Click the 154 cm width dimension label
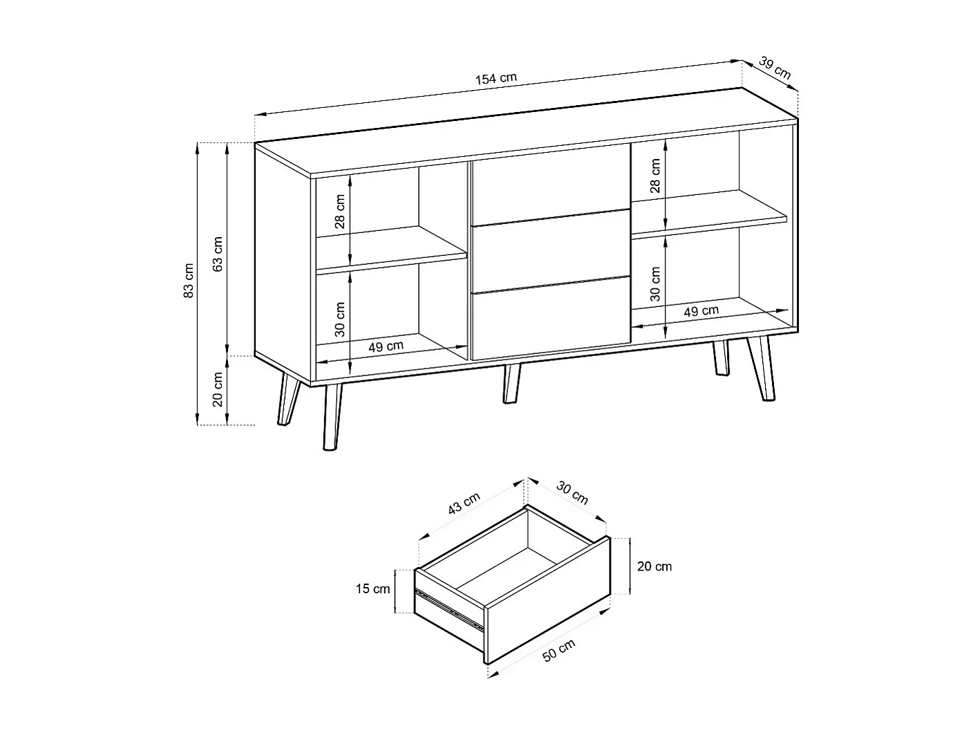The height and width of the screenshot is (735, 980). [x=496, y=78]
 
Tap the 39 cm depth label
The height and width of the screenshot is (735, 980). [x=774, y=67]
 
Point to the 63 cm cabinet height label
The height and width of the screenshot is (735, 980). [x=218, y=254]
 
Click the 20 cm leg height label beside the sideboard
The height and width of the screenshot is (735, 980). [x=218, y=389]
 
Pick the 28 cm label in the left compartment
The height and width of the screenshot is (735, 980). [x=339, y=212]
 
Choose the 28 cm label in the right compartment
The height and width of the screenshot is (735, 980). [x=655, y=175]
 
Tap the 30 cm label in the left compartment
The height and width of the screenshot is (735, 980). [x=339, y=319]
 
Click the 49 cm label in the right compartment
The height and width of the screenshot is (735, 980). [x=701, y=311]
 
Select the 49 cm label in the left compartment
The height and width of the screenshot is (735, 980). [x=386, y=346]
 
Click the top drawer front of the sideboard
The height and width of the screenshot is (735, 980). [x=550, y=184]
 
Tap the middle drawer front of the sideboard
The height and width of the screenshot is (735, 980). [x=550, y=250]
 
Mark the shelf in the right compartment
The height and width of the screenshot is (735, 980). [x=708, y=212]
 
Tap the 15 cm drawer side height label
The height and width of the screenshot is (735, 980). [x=373, y=589]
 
